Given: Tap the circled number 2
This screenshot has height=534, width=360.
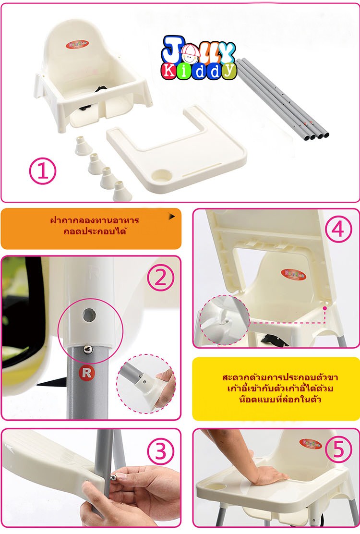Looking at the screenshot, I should (160, 278).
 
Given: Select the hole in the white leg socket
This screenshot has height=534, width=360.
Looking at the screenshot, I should (88, 315).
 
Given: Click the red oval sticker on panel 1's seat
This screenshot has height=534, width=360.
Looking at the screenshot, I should (77, 44).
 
